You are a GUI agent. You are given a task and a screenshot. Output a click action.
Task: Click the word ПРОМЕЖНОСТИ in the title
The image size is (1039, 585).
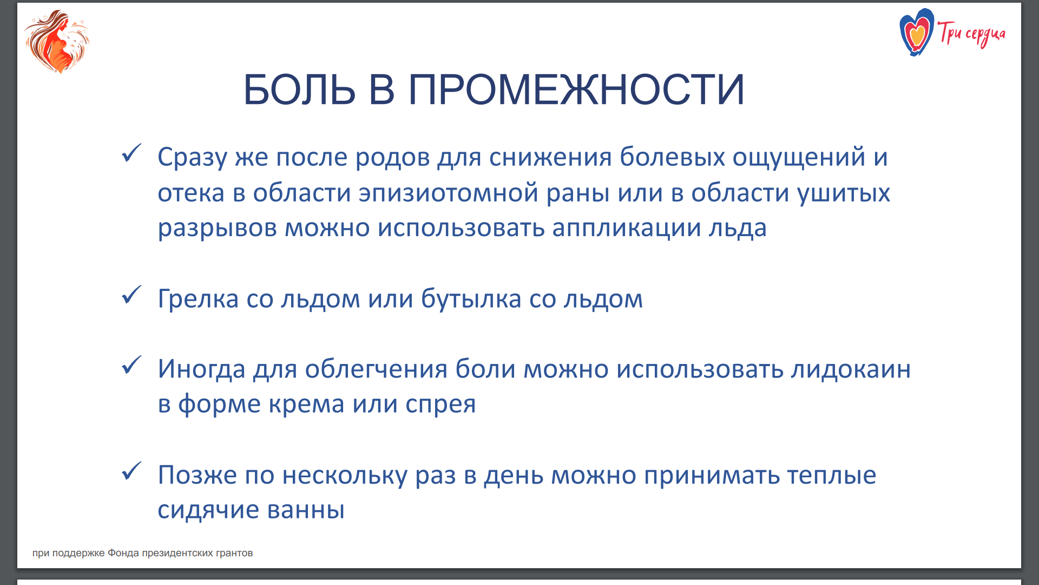point(576,89)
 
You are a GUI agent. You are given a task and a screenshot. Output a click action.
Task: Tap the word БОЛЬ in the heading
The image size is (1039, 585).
point(300,89)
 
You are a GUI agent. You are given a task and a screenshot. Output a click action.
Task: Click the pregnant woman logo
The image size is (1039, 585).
point(57,41)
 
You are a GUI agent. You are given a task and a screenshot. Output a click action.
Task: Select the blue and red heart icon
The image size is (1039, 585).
point(916,32)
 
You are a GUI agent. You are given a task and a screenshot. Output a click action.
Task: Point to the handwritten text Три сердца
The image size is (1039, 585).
point(971,34)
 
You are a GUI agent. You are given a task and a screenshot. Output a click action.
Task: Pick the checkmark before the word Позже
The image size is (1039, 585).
point(131,471)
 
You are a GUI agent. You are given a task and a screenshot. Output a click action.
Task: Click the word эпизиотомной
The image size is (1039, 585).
point(449,193)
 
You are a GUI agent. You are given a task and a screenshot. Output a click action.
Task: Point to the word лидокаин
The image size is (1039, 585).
point(851,369)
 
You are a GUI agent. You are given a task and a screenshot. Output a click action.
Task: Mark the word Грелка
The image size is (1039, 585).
point(198,298)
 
